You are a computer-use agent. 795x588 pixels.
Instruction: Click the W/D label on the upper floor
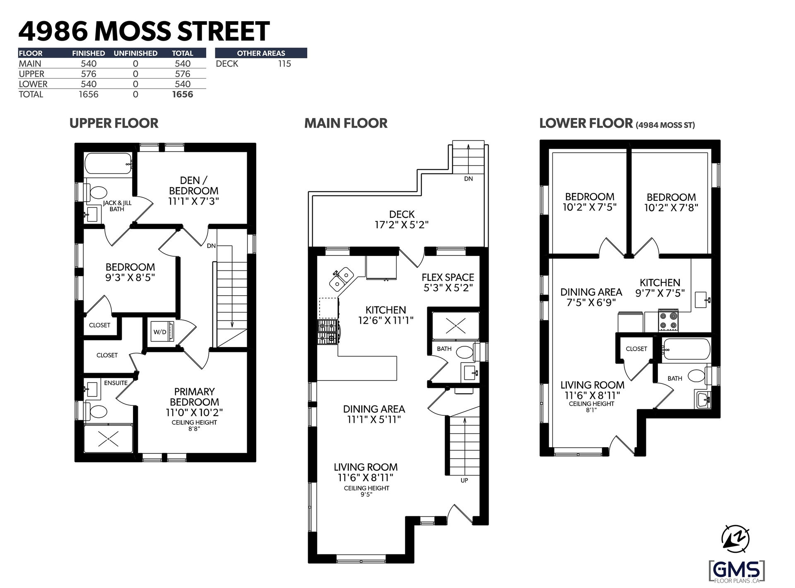point(160,332)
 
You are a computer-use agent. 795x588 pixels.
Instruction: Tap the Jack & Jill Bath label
point(117,206)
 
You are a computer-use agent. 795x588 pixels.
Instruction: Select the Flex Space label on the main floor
point(448,277)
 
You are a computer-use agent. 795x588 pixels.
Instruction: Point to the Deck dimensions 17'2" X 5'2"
point(402,225)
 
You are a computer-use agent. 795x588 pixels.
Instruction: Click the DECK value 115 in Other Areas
point(284,64)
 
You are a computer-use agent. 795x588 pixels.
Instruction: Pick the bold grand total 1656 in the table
point(183,94)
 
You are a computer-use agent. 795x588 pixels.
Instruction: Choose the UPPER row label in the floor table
point(31,74)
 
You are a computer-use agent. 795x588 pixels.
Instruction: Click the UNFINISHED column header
point(135,53)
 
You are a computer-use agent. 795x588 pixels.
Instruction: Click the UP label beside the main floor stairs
point(464,480)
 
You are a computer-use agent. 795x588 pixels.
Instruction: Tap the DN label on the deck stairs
point(468,179)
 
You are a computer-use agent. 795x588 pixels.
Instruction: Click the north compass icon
point(736,539)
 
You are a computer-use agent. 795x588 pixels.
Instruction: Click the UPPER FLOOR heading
point(114,123)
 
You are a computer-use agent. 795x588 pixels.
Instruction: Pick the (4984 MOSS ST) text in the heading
point(665,125)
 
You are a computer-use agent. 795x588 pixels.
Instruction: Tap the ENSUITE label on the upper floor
point(116,383)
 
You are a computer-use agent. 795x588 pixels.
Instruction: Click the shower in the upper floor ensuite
point(108,438)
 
